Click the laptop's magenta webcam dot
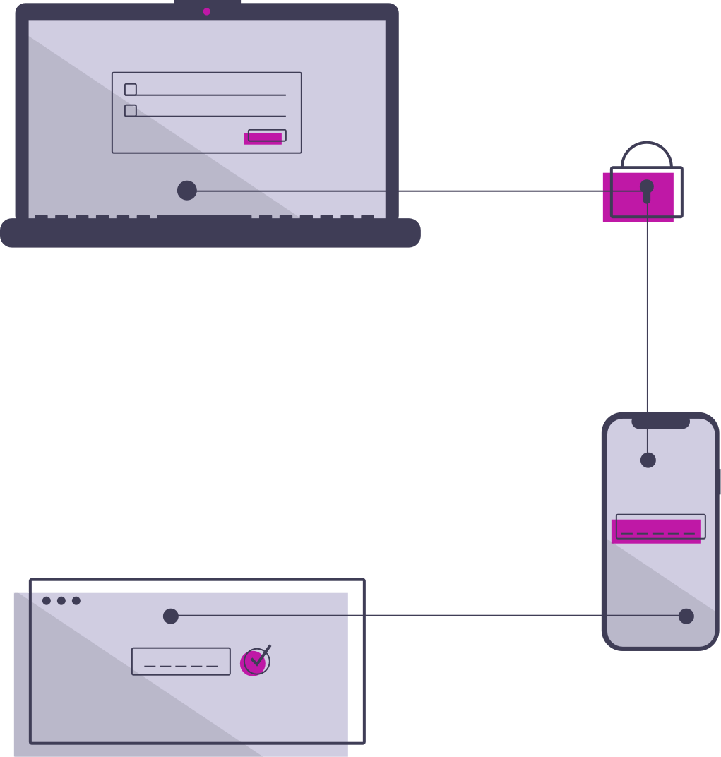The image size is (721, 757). click(x=207, y=11)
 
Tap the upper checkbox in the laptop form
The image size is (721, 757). click(x=131, y=90)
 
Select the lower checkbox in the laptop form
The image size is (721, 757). click(x=131, y=111)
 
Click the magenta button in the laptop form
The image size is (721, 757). click(x=264, y=137)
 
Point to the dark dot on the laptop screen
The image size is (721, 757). click(x=187, y=190)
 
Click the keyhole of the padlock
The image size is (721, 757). click(x=647, y=189)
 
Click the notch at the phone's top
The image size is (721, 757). click(x=660, y=422)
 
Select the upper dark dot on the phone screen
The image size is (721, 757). click(x=648, y=460)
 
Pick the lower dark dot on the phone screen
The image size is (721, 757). click(x=686, y=616)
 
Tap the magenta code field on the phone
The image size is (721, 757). click(x=656, y=530)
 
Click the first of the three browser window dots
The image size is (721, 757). click(x=47, y=601)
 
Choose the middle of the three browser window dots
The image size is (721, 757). click(x=61, y=601)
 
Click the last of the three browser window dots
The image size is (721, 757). click(x=76, y=601)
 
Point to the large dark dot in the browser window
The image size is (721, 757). click(x=171, y=616)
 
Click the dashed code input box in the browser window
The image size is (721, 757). click(x=181, y=662)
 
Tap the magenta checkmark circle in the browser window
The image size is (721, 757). click(x=254, y=662)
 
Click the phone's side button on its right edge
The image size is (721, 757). click(x=718, y=481)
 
